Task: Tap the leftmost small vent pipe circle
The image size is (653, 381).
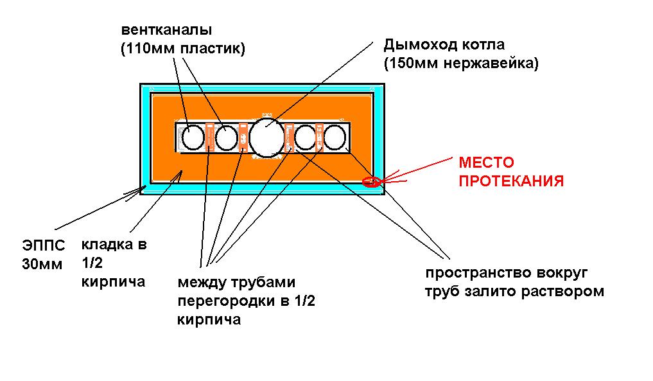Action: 192,137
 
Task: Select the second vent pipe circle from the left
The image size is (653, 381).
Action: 226,137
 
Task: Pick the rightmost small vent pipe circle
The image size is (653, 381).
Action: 335,137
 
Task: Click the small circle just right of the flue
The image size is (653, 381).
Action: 306,137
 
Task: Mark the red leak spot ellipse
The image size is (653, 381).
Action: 370,182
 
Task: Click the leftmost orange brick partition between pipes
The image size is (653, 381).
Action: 209,137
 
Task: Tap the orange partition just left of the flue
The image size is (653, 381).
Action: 243,137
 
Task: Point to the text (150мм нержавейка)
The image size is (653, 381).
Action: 460,64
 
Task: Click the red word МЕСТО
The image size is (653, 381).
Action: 486,163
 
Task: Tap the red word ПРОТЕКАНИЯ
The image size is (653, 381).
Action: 510,182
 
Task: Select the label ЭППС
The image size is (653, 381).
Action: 44,245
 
